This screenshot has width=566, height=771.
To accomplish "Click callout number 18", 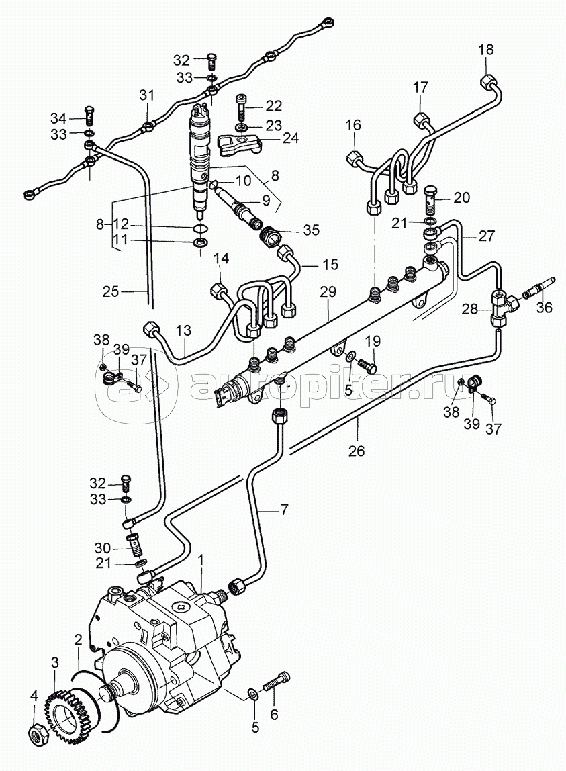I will [x=485, y=50].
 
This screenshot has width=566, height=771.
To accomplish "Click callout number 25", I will [x=111, y=291].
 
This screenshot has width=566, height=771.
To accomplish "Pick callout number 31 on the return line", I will [x=147, y=95].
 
